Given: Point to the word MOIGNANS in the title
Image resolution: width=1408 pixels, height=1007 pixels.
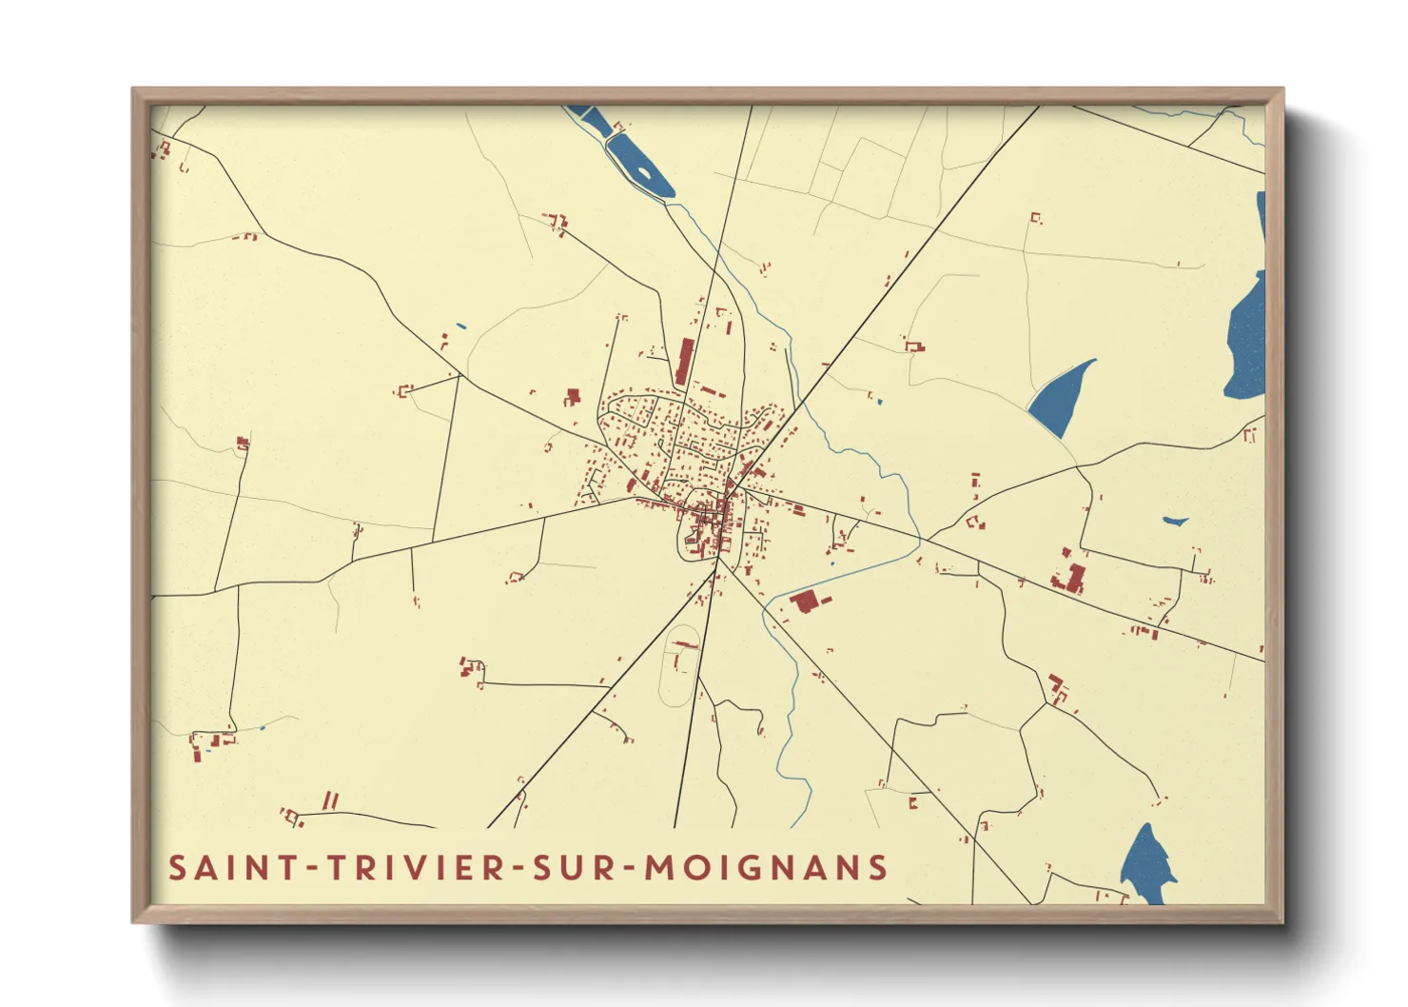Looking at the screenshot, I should point(767,868).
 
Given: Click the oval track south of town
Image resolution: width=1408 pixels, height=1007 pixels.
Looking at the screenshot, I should point(678,666).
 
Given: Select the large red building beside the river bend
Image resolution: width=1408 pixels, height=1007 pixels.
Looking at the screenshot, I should point(805,602).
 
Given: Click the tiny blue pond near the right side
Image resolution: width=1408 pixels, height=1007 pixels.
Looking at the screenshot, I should point(1175,522).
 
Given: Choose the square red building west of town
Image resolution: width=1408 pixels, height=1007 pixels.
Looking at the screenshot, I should point(573,395).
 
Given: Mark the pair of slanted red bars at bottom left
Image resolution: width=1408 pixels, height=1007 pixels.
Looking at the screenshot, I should point(330,800).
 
